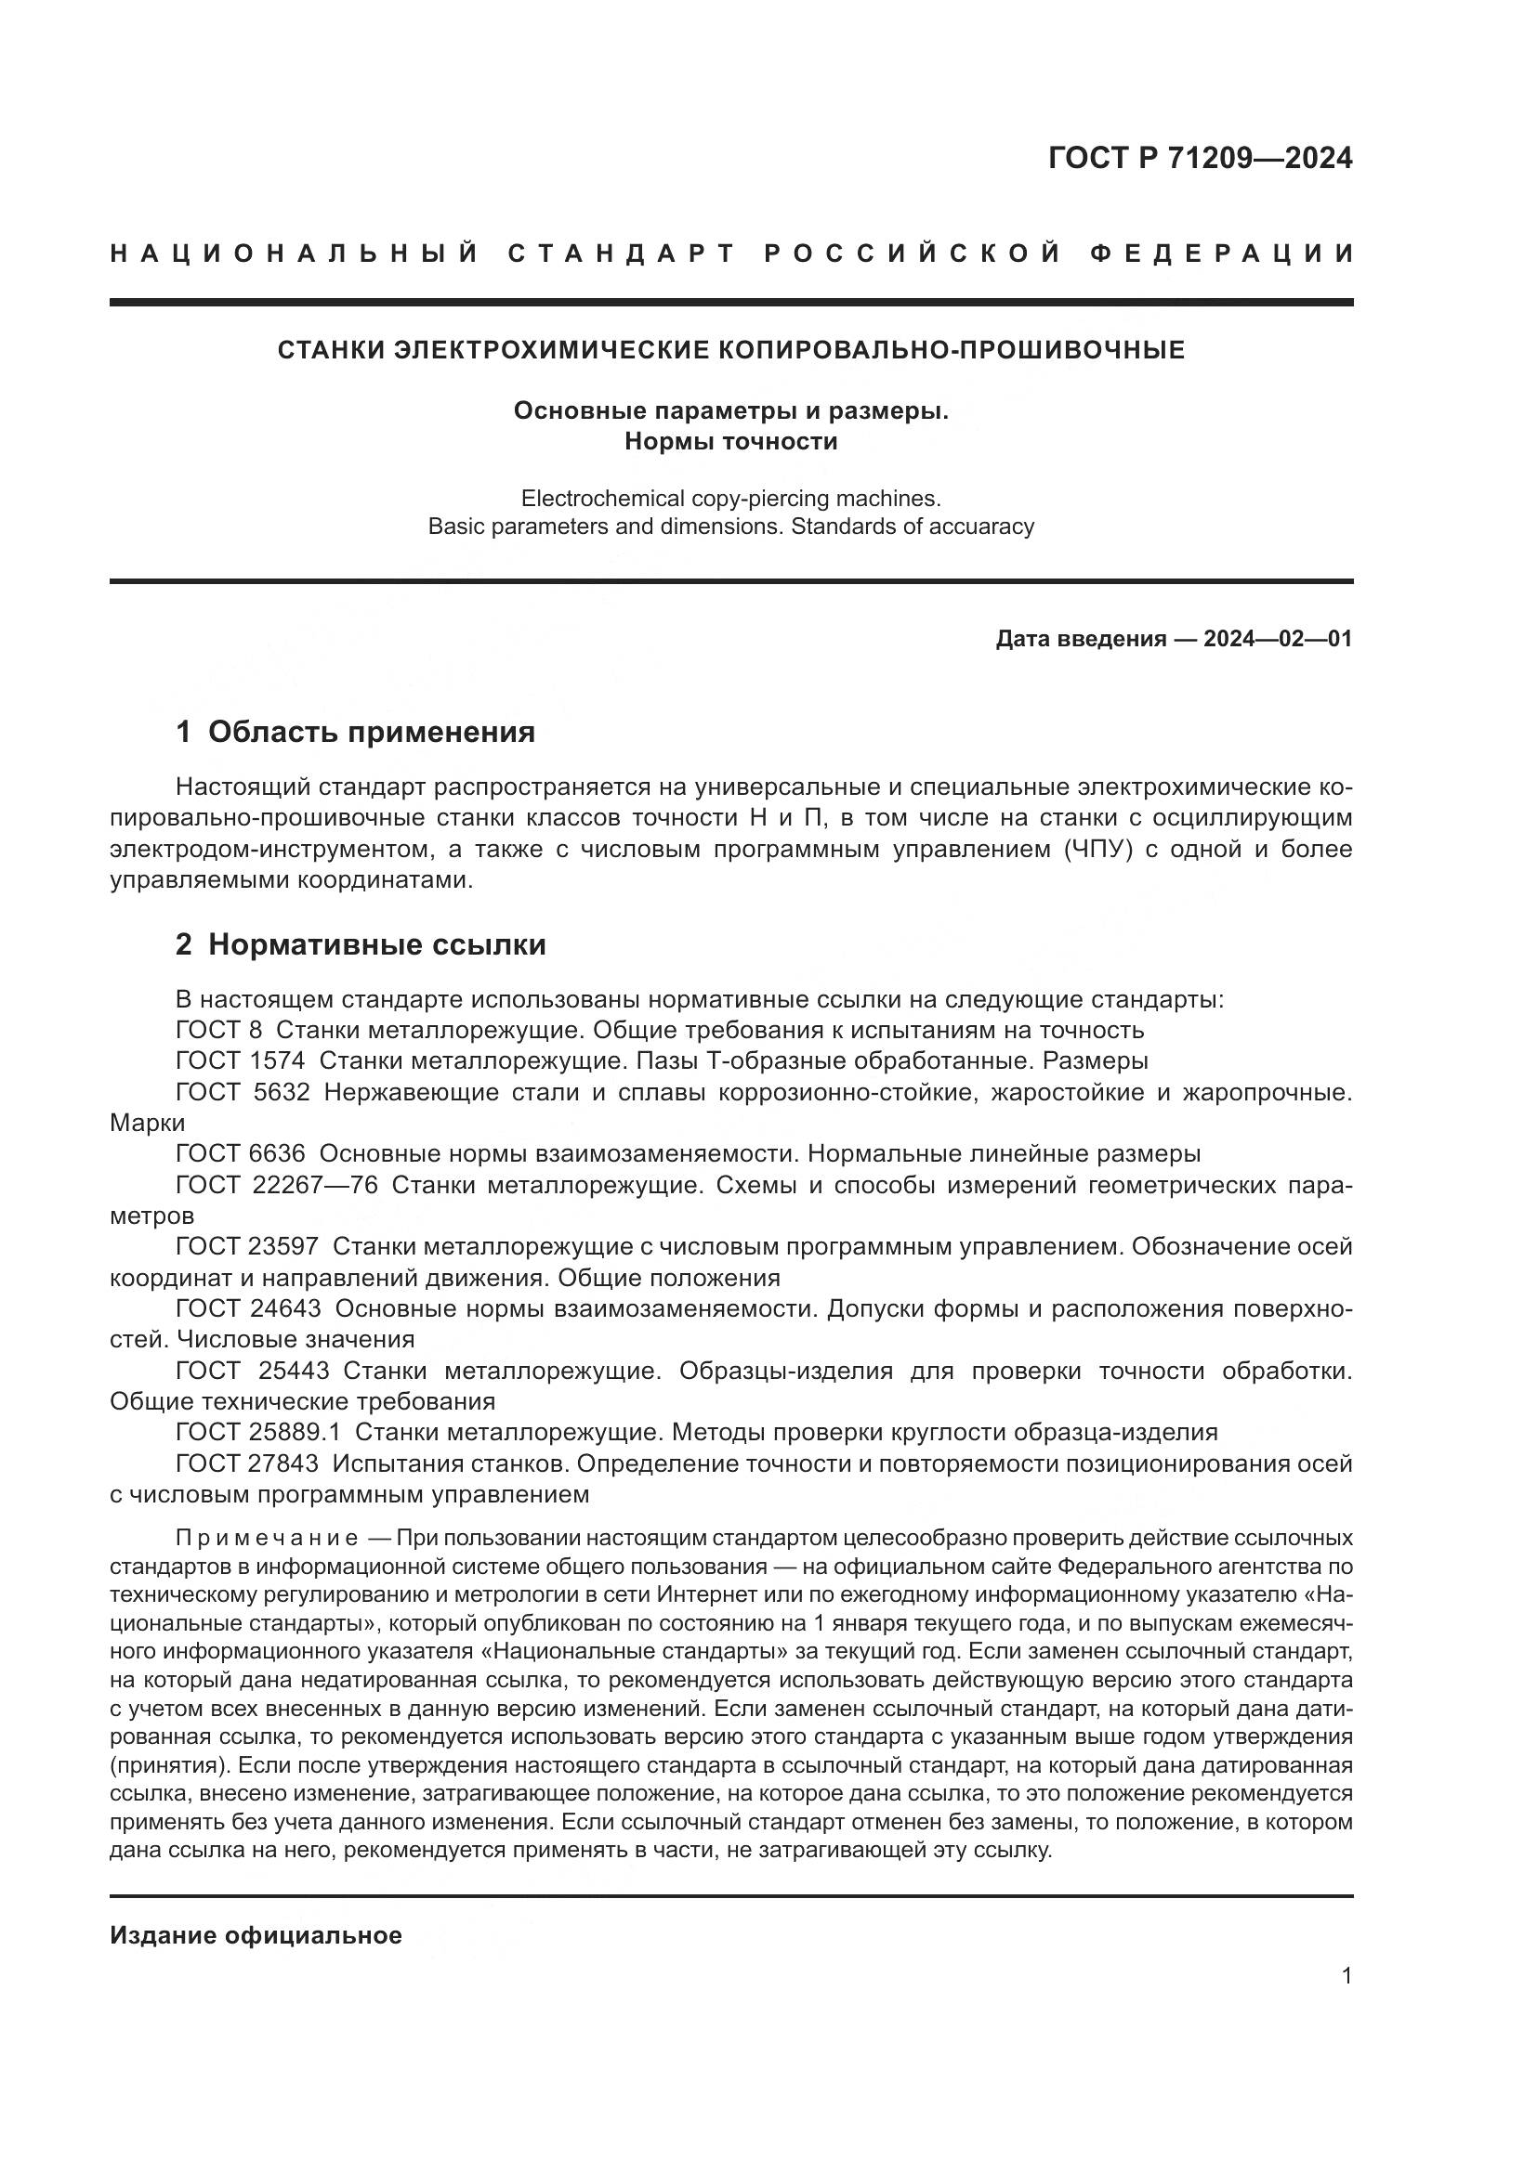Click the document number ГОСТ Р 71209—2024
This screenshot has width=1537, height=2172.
pyautogui.click(x=1200, y=158)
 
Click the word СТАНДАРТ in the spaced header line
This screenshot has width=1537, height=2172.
pyautogui.click(x=622, y=254)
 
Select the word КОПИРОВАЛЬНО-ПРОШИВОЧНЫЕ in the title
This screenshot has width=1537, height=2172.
pyautogui.click(x=952, y=350)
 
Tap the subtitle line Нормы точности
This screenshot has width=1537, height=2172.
pyautogui.click(x=730, y=442)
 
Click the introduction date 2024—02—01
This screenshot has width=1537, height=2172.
pyautogui.click(x=1278, y=639)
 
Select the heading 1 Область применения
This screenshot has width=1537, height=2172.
pyautogui.click(x=356, y=731)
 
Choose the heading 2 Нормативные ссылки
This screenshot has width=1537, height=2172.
pyautogui.click(x=361, y=944)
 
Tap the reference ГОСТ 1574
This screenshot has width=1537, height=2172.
pyautogui.click(x=241, y=1060)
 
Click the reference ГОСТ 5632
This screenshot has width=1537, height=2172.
pyautogui.click(x=243, y=1092)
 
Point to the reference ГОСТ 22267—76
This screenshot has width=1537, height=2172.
pyautogui.click(x=276, y=1184)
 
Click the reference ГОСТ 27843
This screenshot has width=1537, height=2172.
pyautogui.click(x=247, y=1463)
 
